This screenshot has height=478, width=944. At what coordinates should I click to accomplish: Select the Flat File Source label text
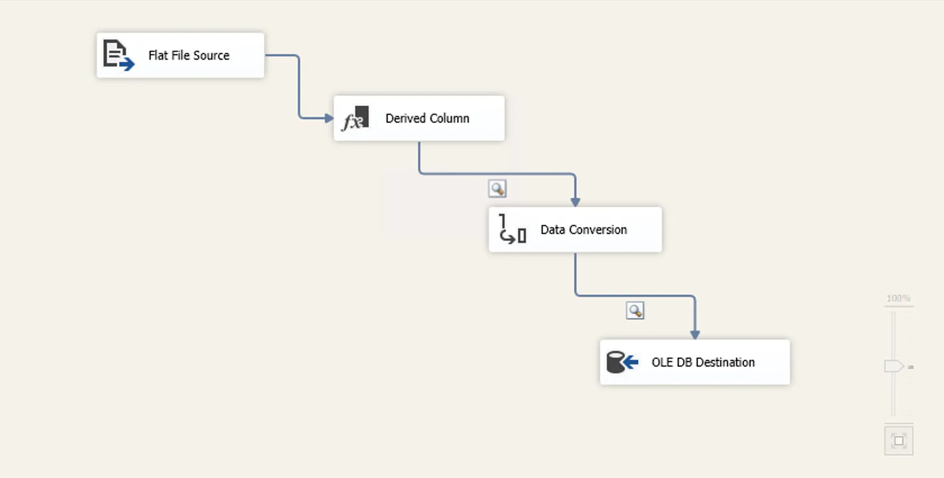[x=189, y=55]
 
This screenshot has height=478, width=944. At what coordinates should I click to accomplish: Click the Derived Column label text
[x=427, y=118]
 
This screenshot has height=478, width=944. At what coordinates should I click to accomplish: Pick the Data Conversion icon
[x=512, y=229]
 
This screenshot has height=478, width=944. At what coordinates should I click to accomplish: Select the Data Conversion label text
[x=583, y=229]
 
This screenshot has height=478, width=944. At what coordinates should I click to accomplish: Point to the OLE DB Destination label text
[x=703, y=362]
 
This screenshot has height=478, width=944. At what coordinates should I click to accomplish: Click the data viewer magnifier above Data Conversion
[x=497, y=188]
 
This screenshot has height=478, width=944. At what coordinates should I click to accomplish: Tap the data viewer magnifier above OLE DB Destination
[x=635, y=310]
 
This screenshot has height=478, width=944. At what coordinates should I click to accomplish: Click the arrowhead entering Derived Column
[x=329, y=118]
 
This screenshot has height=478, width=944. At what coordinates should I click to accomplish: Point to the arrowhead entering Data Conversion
[x=575, y=202]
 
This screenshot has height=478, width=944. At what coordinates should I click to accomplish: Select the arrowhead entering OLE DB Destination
[x=695, y=335]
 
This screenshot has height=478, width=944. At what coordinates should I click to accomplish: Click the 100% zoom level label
[x=898, y=298]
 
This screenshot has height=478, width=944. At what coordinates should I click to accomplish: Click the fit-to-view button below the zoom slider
[x=898, y=441]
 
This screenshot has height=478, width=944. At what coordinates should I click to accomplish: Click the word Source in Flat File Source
[x=211, y=55]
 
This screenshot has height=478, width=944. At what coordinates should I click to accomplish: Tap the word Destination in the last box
[x=725, y=362]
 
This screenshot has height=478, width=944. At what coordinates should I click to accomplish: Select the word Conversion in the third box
[x=598, y=229]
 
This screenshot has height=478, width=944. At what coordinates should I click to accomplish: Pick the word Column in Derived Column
[x=450, y=118]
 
